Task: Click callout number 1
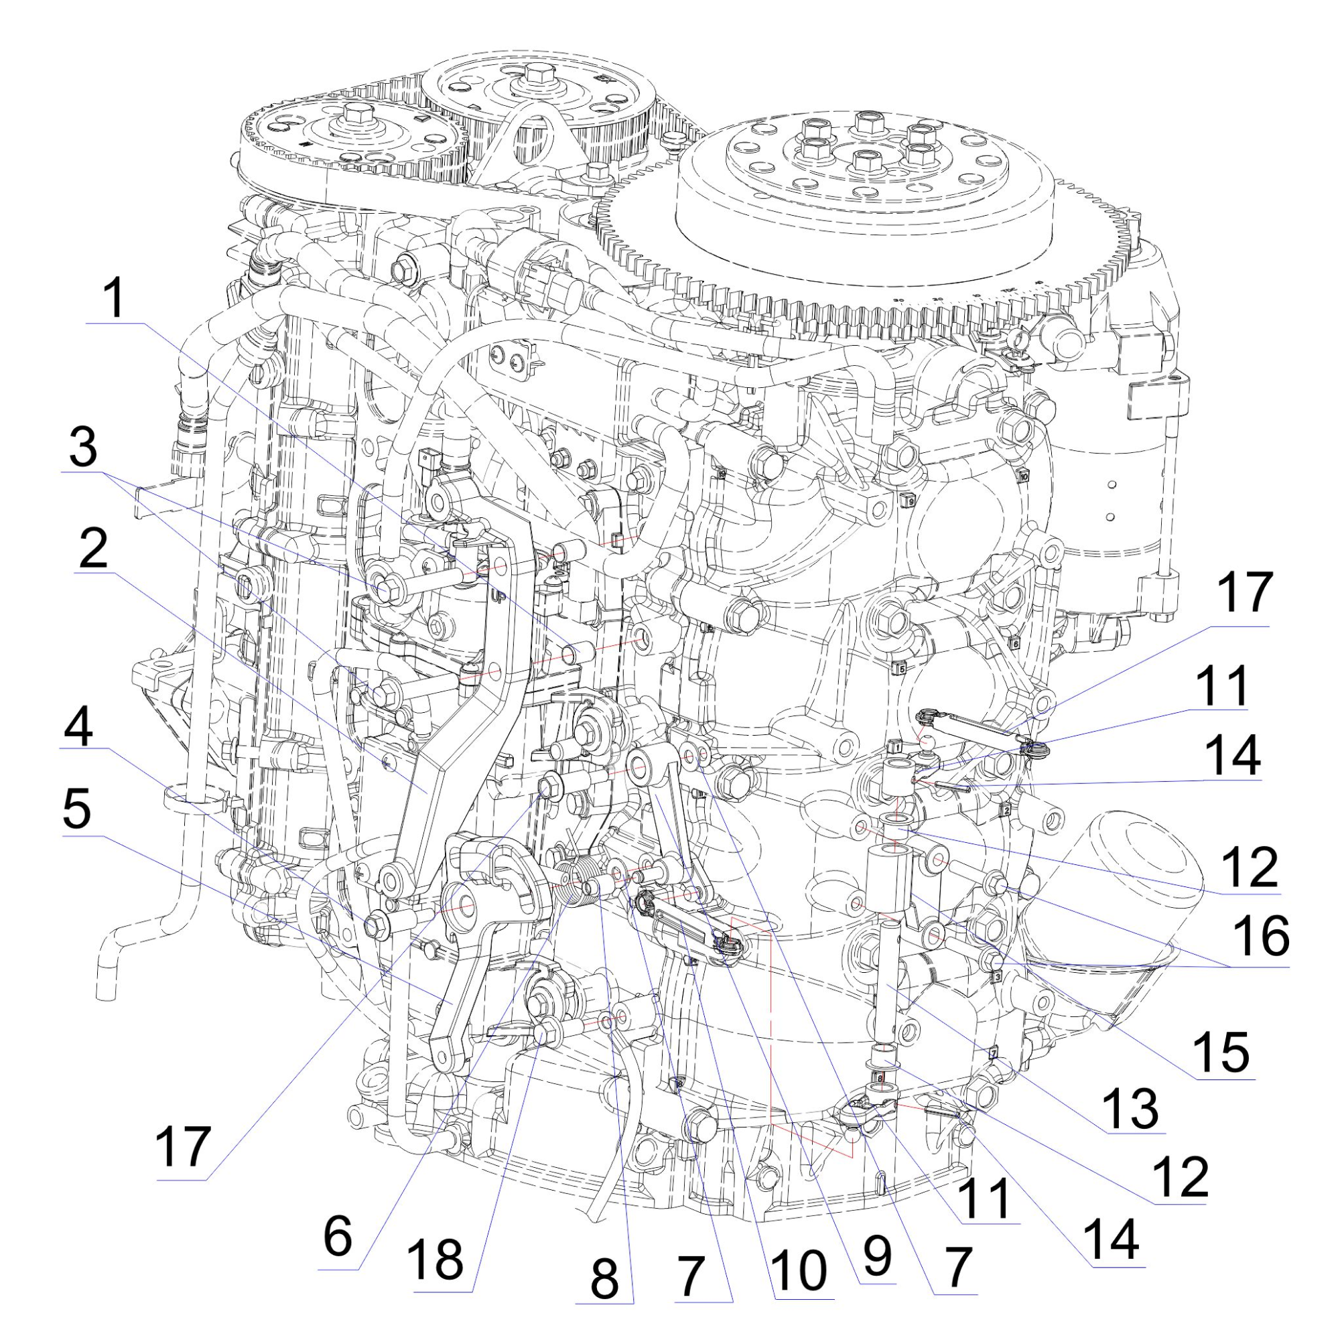114,298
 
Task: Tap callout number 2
92,548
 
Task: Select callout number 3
83,449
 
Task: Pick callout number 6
338,1237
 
